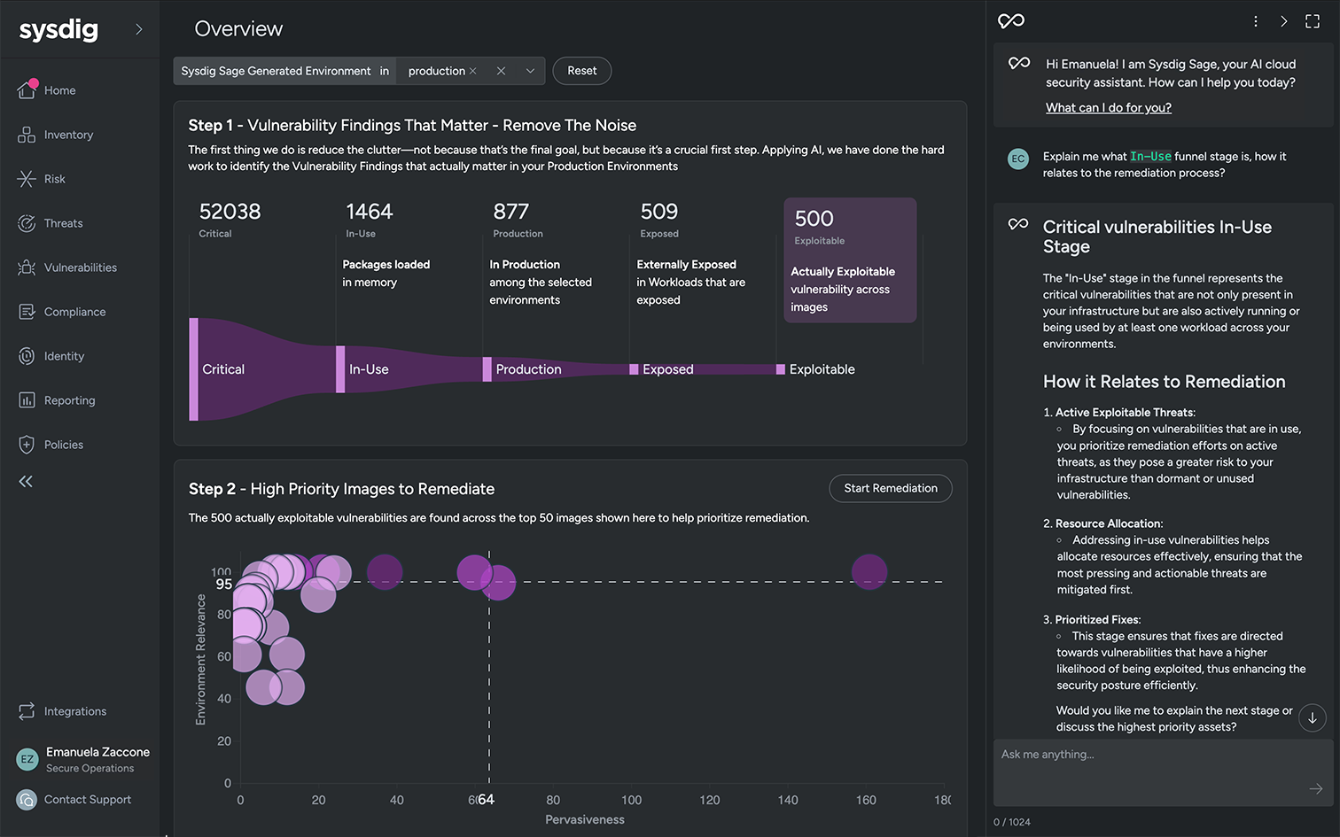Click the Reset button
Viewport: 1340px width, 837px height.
(x=581, y=71)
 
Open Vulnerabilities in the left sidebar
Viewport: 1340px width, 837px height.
(x=80, y=267)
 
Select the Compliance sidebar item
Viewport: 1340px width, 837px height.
(x=74, y=312)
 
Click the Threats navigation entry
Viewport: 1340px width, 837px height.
(x=63, y=223)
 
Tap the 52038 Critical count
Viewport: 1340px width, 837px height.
(x=230, y=213)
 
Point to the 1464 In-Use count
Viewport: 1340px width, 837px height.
(x=369, y=213)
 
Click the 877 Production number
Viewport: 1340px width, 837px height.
(x=510, y=213)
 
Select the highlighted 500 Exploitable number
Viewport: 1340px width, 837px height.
(x=814, y=219)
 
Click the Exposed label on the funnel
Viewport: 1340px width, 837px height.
(x=667, y=369)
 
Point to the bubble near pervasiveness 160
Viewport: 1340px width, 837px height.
(x=869, y=572)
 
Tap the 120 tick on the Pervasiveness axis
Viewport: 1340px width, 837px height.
(x=710, y=800)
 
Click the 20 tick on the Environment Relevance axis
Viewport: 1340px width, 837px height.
(x=224, y=741)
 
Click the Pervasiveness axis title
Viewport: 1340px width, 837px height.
(x=584, y=819)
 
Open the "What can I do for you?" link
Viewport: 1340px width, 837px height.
(x=1108, y=108)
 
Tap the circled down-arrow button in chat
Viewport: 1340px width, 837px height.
(x=1312, y=717)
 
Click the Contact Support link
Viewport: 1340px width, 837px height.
(x=87, y=800)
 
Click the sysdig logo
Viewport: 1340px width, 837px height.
(x=58, y=30)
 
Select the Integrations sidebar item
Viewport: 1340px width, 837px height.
(x=74, y=711)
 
